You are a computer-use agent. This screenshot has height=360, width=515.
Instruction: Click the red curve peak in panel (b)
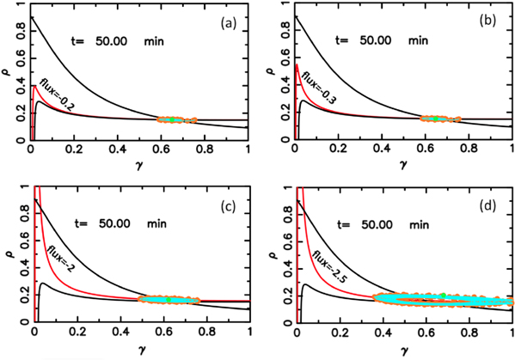tap(297, 66)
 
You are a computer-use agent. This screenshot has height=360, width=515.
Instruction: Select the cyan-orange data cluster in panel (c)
tap(169, 299)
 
